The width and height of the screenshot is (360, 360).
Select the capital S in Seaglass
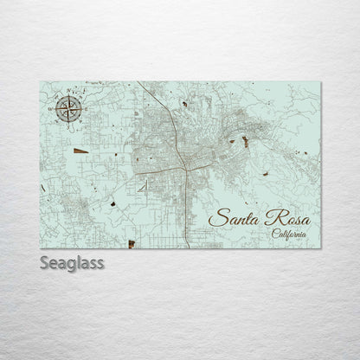pos(45,260)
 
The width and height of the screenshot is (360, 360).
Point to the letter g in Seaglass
pos(72,262)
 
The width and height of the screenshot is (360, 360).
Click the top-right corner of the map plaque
pos(319,79)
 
